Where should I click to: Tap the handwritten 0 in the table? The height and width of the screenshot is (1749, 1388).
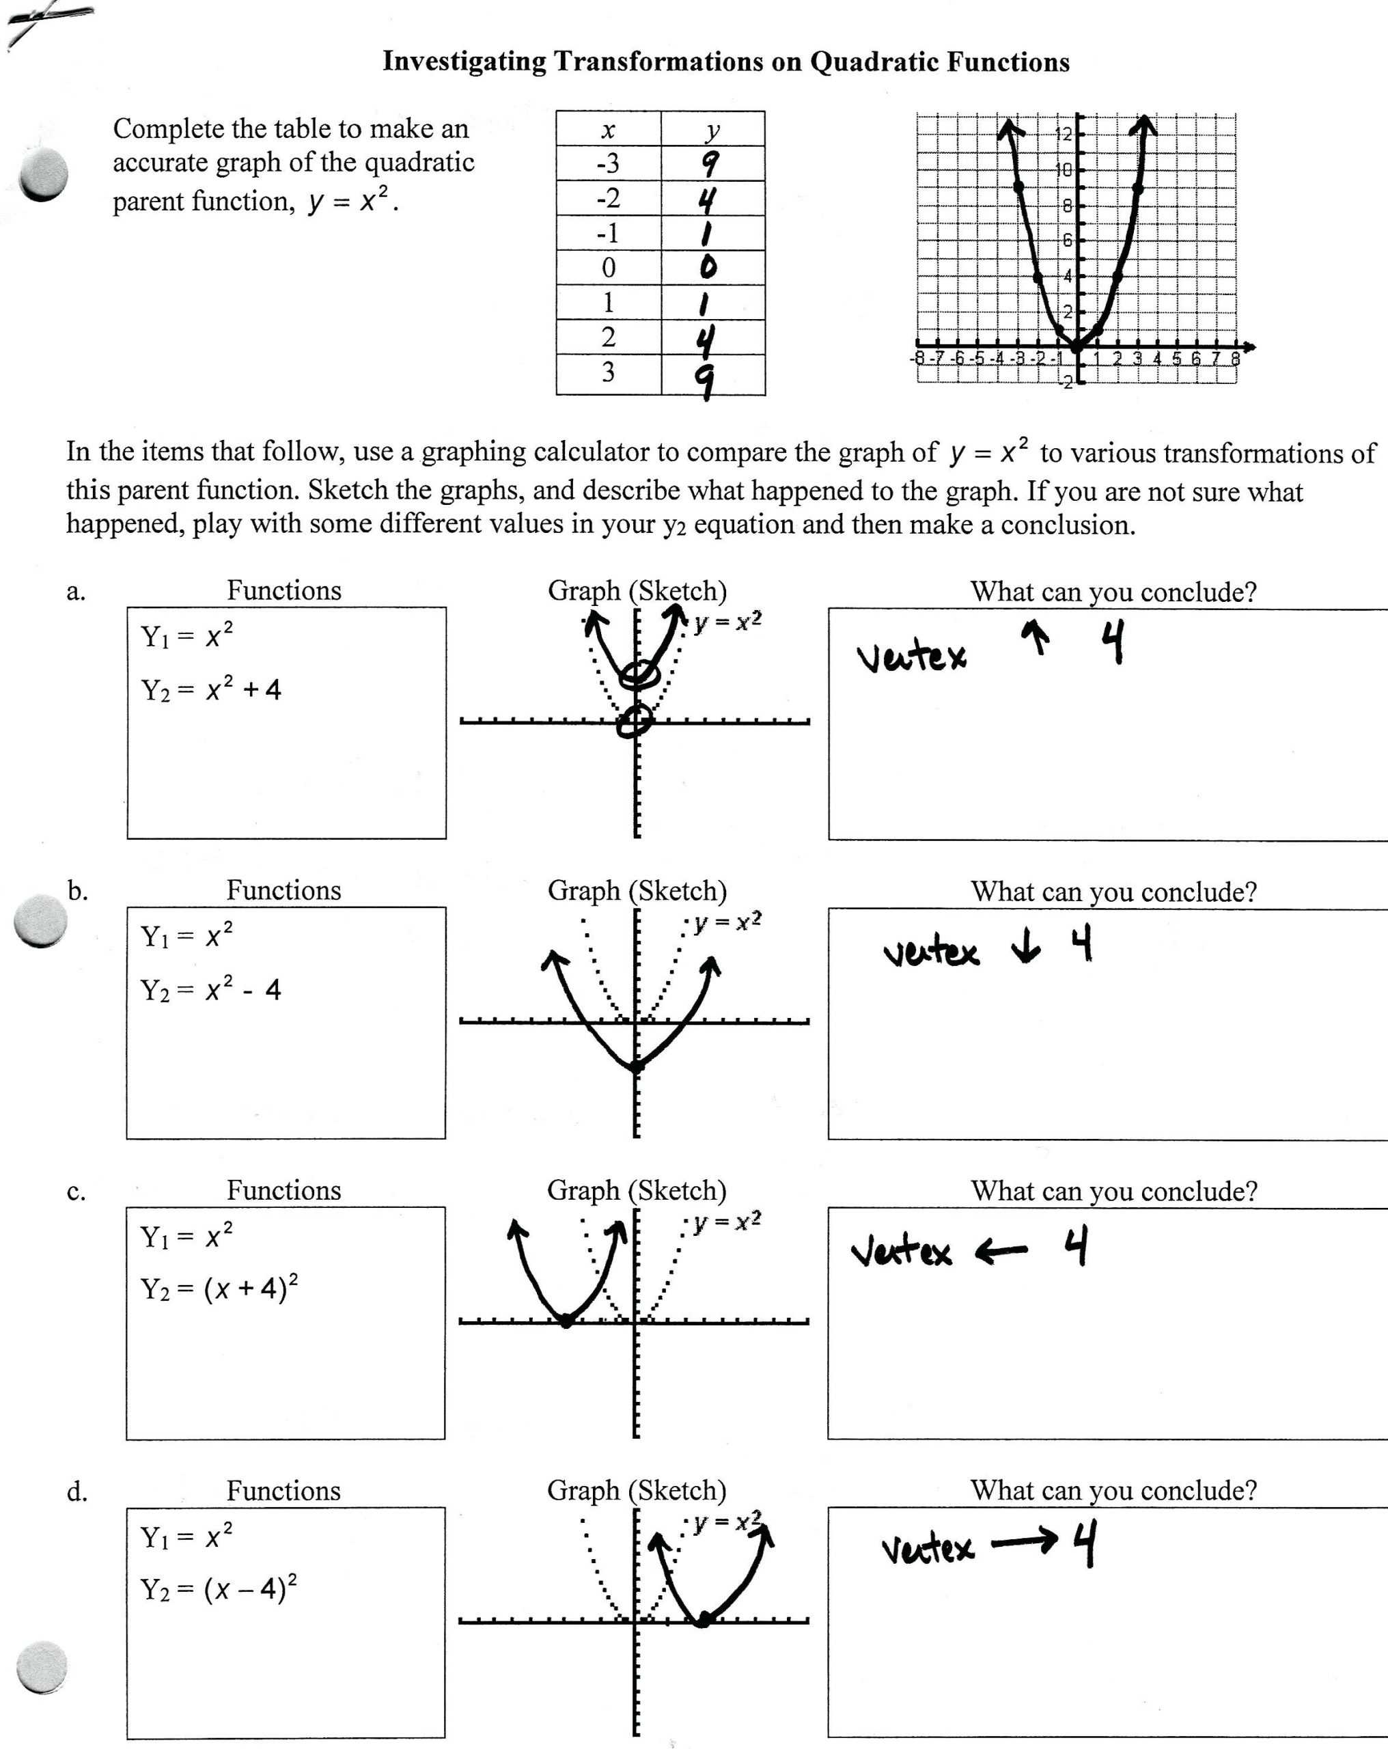coord(708,267)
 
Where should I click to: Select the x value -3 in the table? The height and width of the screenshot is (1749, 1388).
coord(608,164)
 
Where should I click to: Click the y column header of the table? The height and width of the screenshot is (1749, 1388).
coord(712,130)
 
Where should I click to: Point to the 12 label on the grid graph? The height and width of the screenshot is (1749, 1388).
coord(1064,134)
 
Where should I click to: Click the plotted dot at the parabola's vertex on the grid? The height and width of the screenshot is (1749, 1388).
coord(1077,346)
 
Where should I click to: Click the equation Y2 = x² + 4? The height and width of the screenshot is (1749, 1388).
coord(211,689)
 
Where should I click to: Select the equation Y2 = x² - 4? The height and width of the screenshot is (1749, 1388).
coord(211,990)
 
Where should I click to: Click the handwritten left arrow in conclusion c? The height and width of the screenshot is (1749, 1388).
coord(1001,1252)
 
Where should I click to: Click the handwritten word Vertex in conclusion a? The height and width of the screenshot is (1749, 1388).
coord(912,657)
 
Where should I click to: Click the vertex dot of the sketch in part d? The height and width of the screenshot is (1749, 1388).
coord(704,1620)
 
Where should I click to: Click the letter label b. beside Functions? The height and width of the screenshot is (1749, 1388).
coord(77,892)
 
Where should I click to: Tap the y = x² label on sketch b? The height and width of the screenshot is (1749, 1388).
coord(727,922)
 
